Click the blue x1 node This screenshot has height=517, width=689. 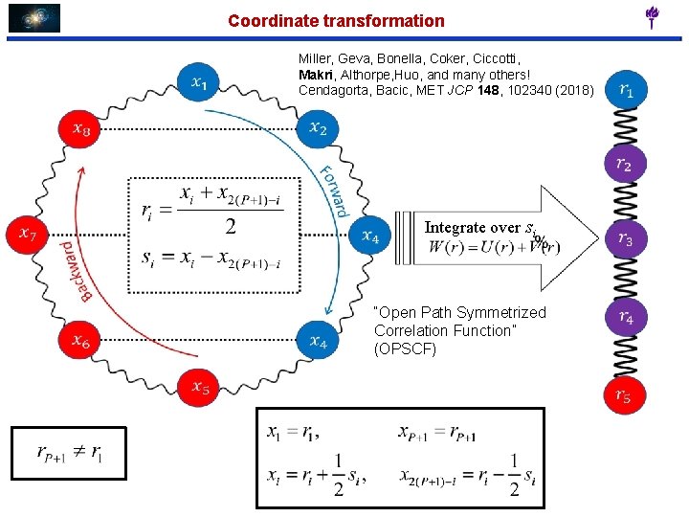(x=199, y=83)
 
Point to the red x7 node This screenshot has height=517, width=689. (x=28, y=233)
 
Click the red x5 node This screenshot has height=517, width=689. (x=199, y=386)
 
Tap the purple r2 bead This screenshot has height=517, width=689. (x=624, y=165)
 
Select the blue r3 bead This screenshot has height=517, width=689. (x=625, y=238)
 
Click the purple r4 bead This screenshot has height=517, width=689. (x=625, y=316)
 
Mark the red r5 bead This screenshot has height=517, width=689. (x=624, y=393)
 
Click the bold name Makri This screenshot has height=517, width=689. (x=317, y=75)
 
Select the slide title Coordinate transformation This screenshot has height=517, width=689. (x=336, y=20)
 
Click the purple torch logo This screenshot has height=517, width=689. (x=653, y=16)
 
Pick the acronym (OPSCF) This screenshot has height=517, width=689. (x=405, y=348)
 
